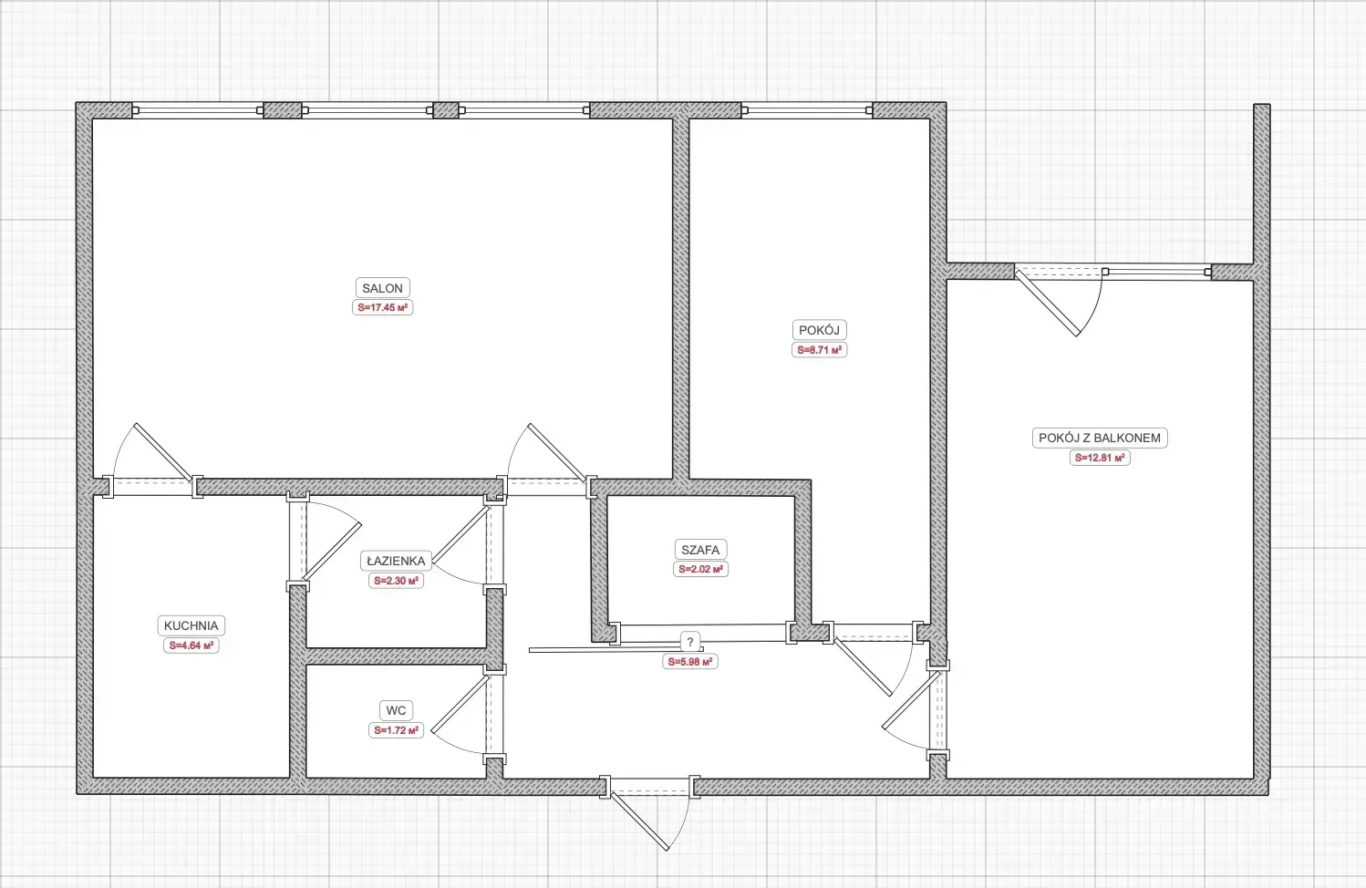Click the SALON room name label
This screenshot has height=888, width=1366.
382,288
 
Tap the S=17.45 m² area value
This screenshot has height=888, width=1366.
382,307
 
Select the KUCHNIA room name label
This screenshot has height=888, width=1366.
191,625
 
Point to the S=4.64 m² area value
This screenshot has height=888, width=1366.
191,645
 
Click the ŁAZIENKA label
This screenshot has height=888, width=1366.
396,561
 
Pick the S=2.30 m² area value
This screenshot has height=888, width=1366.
396,581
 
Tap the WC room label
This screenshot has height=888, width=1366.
396,710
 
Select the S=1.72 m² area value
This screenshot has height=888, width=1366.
396,730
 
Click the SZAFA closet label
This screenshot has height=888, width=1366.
700,550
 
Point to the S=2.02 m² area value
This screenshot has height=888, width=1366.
700,569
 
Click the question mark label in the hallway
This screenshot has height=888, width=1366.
689,642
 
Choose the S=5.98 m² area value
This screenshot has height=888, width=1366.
689,662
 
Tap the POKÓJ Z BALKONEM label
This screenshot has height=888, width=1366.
1100,438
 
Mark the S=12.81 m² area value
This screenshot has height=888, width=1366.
1100,458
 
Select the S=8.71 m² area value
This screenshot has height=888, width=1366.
819,350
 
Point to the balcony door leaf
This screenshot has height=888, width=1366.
1047,303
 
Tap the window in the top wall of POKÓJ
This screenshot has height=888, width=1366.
807,110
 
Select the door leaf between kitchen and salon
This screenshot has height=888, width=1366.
163,452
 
